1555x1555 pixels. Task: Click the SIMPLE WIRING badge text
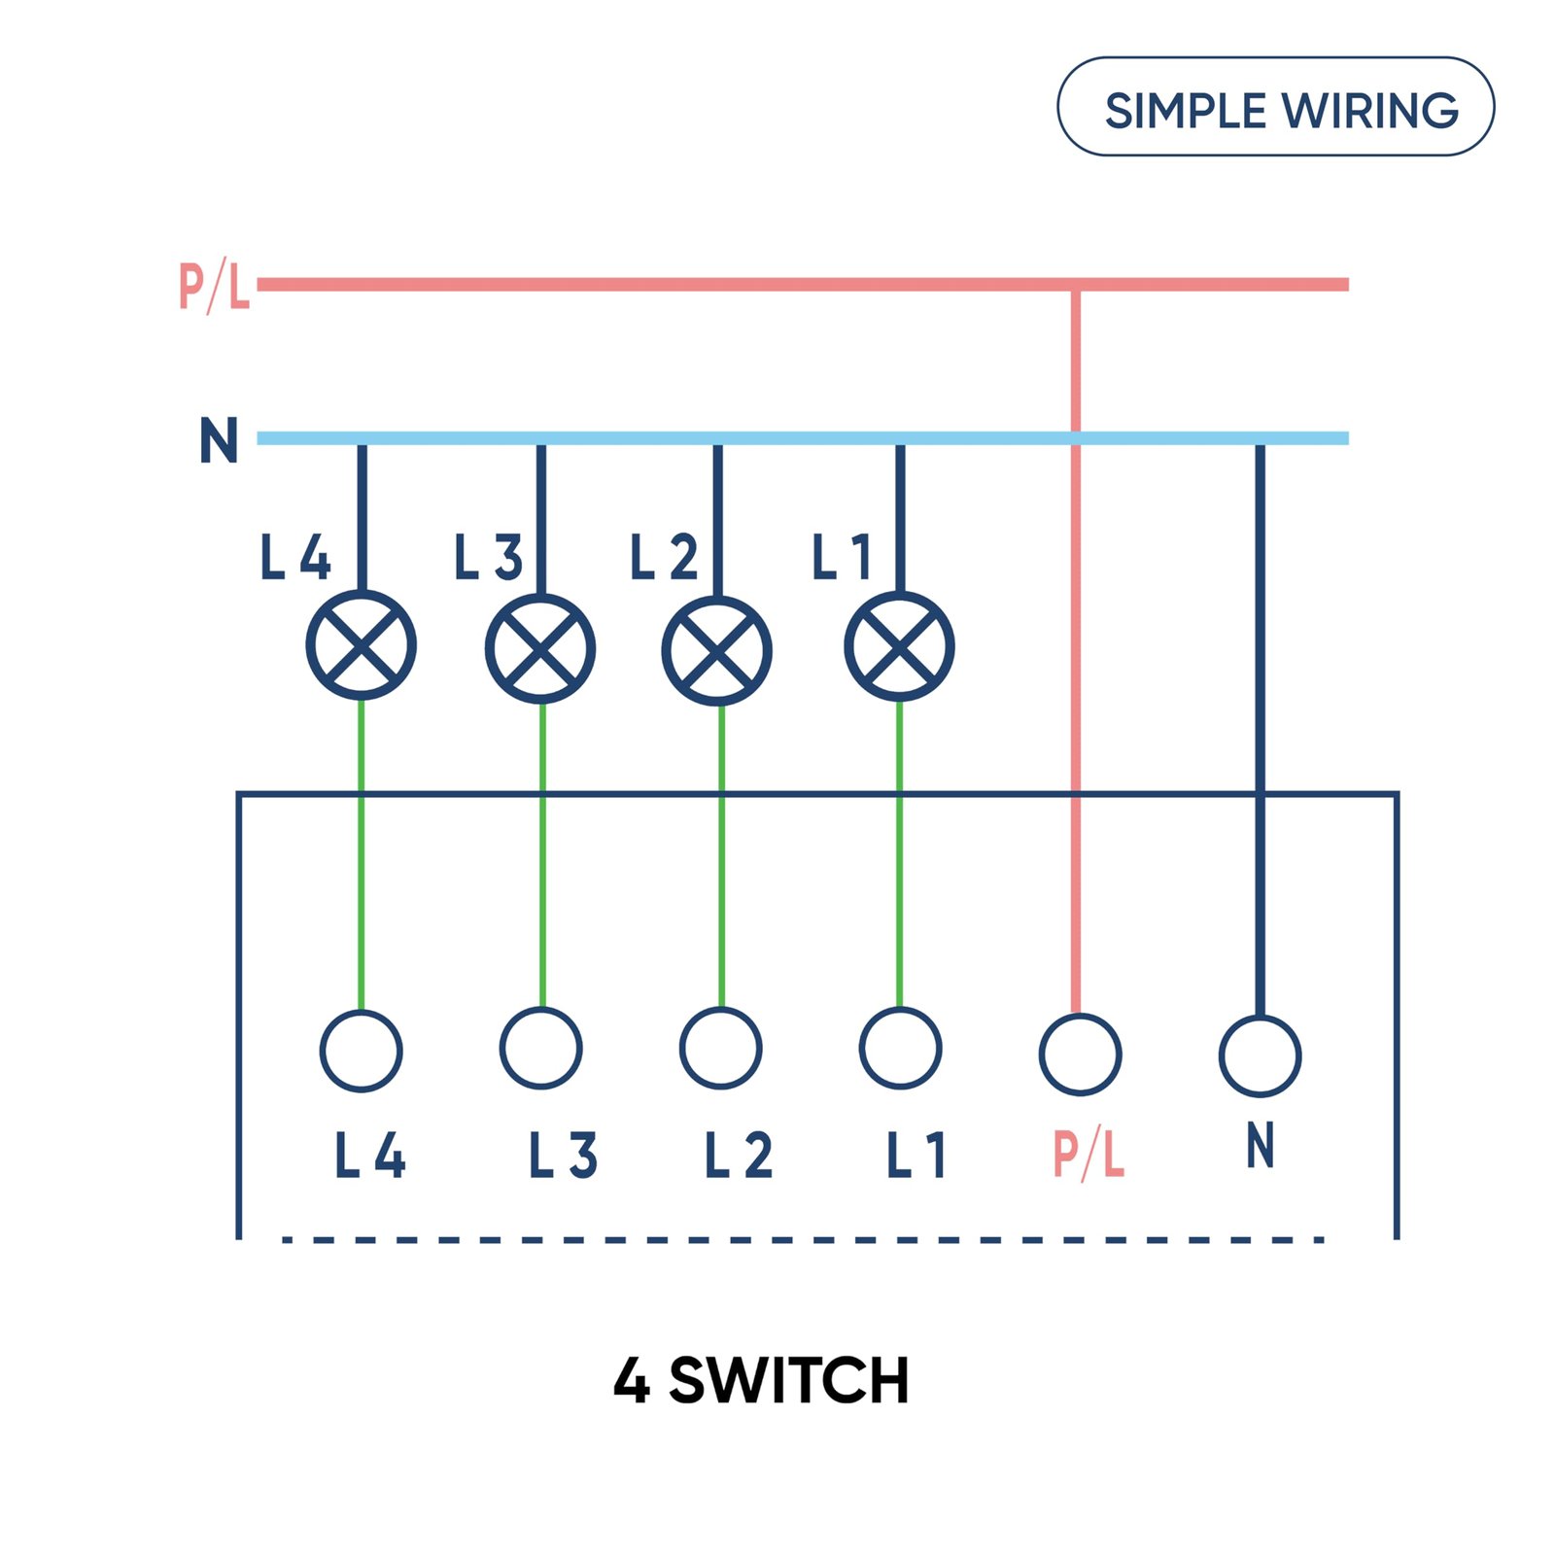click(x=1280, y=110)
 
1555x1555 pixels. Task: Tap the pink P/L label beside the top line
click(x=215, y=286)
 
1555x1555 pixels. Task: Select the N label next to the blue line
click(x=219, y=440)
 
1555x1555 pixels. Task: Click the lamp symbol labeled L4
click(x=362, y=645)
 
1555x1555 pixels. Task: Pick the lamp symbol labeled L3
click(x=540, y=648)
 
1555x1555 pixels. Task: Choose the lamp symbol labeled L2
click(x=717, y=650)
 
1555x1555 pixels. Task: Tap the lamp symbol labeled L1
click(x=899, y=646)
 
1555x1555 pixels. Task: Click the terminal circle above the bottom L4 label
click(x=362, y=1051)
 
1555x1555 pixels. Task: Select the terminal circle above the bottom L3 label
click(x=540, y=1049)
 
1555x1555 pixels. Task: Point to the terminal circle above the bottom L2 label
click(x=720, y=1049)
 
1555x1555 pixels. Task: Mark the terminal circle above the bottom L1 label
click(x=900, y=1049)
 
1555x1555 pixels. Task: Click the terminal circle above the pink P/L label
click(x=1080, y=1054)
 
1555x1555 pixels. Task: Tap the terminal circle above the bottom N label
click(x=1260, y=1055)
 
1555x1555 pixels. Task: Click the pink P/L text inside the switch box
click(x=1088, y=1155)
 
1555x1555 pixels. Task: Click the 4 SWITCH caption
click(x=761, y=1381)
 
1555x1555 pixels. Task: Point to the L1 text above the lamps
click(x=842, y=558)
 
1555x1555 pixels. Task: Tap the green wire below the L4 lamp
click(x=362, y=855)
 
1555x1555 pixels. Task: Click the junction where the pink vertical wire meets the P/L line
click(x=1076, y=285)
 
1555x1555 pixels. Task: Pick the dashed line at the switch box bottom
click(x=802, y=1239)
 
